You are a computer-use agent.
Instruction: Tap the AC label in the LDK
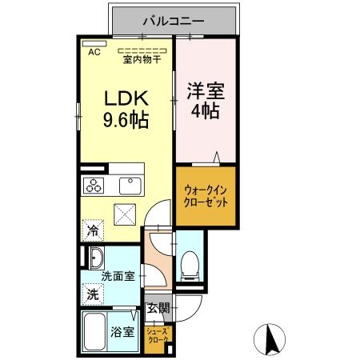94,53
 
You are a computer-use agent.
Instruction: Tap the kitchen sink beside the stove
129,186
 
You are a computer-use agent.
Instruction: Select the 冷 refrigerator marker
92,230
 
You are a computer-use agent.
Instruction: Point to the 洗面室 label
117,277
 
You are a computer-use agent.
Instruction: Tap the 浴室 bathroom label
123,332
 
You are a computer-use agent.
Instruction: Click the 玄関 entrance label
158,307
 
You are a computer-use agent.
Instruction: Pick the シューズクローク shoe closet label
158,336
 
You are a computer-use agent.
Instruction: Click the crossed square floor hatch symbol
126,214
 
